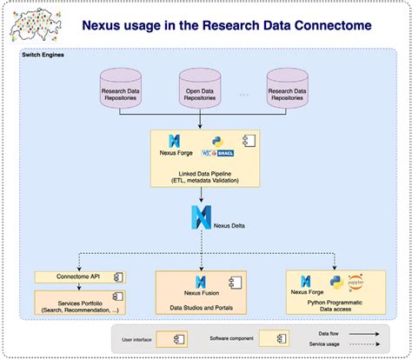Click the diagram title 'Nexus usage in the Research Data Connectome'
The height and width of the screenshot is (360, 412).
tap(227, 27)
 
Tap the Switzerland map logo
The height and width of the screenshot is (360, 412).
tap(35, 23)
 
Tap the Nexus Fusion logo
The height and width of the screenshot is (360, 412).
tap(201, 281)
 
